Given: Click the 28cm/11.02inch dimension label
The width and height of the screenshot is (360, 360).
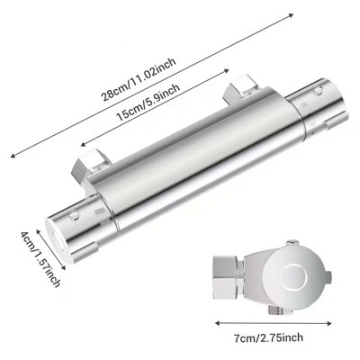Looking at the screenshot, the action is (x=139, y=79).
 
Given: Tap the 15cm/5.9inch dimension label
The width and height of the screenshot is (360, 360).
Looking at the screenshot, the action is (x=148, y=102).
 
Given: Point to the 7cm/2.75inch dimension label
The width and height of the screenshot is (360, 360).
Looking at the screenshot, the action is (x=268, y=337).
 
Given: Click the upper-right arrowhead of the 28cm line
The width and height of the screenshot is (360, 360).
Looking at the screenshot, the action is (x=291, y=15).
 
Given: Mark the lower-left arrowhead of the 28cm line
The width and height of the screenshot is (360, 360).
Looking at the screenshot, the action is (x=13, y=156).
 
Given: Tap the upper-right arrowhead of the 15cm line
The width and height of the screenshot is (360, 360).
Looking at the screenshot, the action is (x=227, y=70).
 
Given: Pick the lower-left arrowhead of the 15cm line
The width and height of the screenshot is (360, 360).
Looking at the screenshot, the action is (x=84, y=144).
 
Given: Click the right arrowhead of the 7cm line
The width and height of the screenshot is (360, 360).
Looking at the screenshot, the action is (x=329, y=323).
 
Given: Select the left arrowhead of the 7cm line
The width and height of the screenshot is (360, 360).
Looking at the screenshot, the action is (x=218, y=323).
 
